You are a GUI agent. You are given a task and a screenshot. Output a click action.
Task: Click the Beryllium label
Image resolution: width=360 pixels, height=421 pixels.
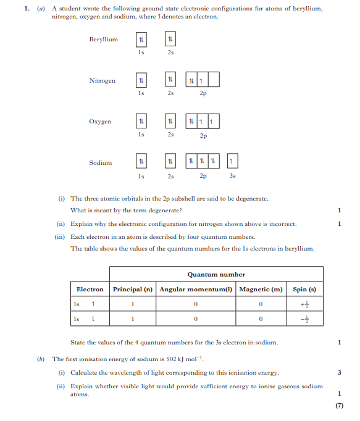click(x=103, y=40)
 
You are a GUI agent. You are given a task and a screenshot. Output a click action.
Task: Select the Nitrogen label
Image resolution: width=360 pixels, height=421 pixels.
click(x=102, y=81)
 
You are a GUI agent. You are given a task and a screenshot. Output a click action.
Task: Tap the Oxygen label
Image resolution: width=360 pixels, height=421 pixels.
click(x=100, y=122)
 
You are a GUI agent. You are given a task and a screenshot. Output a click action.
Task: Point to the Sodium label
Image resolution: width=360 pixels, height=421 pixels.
click(x=101, y=163)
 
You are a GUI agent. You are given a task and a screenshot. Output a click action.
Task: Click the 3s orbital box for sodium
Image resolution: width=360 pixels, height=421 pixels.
click(x=232, y=161)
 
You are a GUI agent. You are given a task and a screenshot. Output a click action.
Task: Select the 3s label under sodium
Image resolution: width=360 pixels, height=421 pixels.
click(x=232, y=176)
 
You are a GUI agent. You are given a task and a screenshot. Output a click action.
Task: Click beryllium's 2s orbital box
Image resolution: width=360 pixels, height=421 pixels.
click(x=170, y=40)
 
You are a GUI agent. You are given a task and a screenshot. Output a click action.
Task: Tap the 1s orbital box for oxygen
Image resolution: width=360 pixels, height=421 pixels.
click(x=141, y=121)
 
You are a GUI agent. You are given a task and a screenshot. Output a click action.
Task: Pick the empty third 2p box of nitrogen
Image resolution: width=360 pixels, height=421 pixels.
click(x=214, y=80)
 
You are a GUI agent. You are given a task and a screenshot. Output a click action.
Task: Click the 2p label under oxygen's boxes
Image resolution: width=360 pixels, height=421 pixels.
click(x=203, y=135)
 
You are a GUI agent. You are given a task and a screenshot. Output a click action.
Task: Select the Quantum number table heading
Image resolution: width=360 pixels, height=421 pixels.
click(x=216, y=275)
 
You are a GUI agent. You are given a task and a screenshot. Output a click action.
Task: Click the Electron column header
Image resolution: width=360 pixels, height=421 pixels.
click(x=90, y=290)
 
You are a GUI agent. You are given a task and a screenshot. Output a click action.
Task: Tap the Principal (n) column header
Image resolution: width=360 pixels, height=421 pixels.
click(x=133, y=290)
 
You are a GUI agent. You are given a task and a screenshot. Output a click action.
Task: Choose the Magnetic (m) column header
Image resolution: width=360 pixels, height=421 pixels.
click(x=261, y=290)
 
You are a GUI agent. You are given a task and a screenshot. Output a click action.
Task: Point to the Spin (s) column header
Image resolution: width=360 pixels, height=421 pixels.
click(x=304, y=290)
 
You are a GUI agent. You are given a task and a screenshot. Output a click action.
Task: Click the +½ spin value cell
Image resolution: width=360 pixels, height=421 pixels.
click(x=304, y=304)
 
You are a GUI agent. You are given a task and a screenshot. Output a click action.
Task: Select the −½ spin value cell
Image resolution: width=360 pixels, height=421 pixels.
click(x=304, y=319)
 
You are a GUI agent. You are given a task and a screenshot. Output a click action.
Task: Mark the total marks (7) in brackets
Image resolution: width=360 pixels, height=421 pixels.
click(x=339, y=406)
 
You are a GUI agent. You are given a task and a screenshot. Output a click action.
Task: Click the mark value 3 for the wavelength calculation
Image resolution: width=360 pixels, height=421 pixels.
click(x=339, y=373)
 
